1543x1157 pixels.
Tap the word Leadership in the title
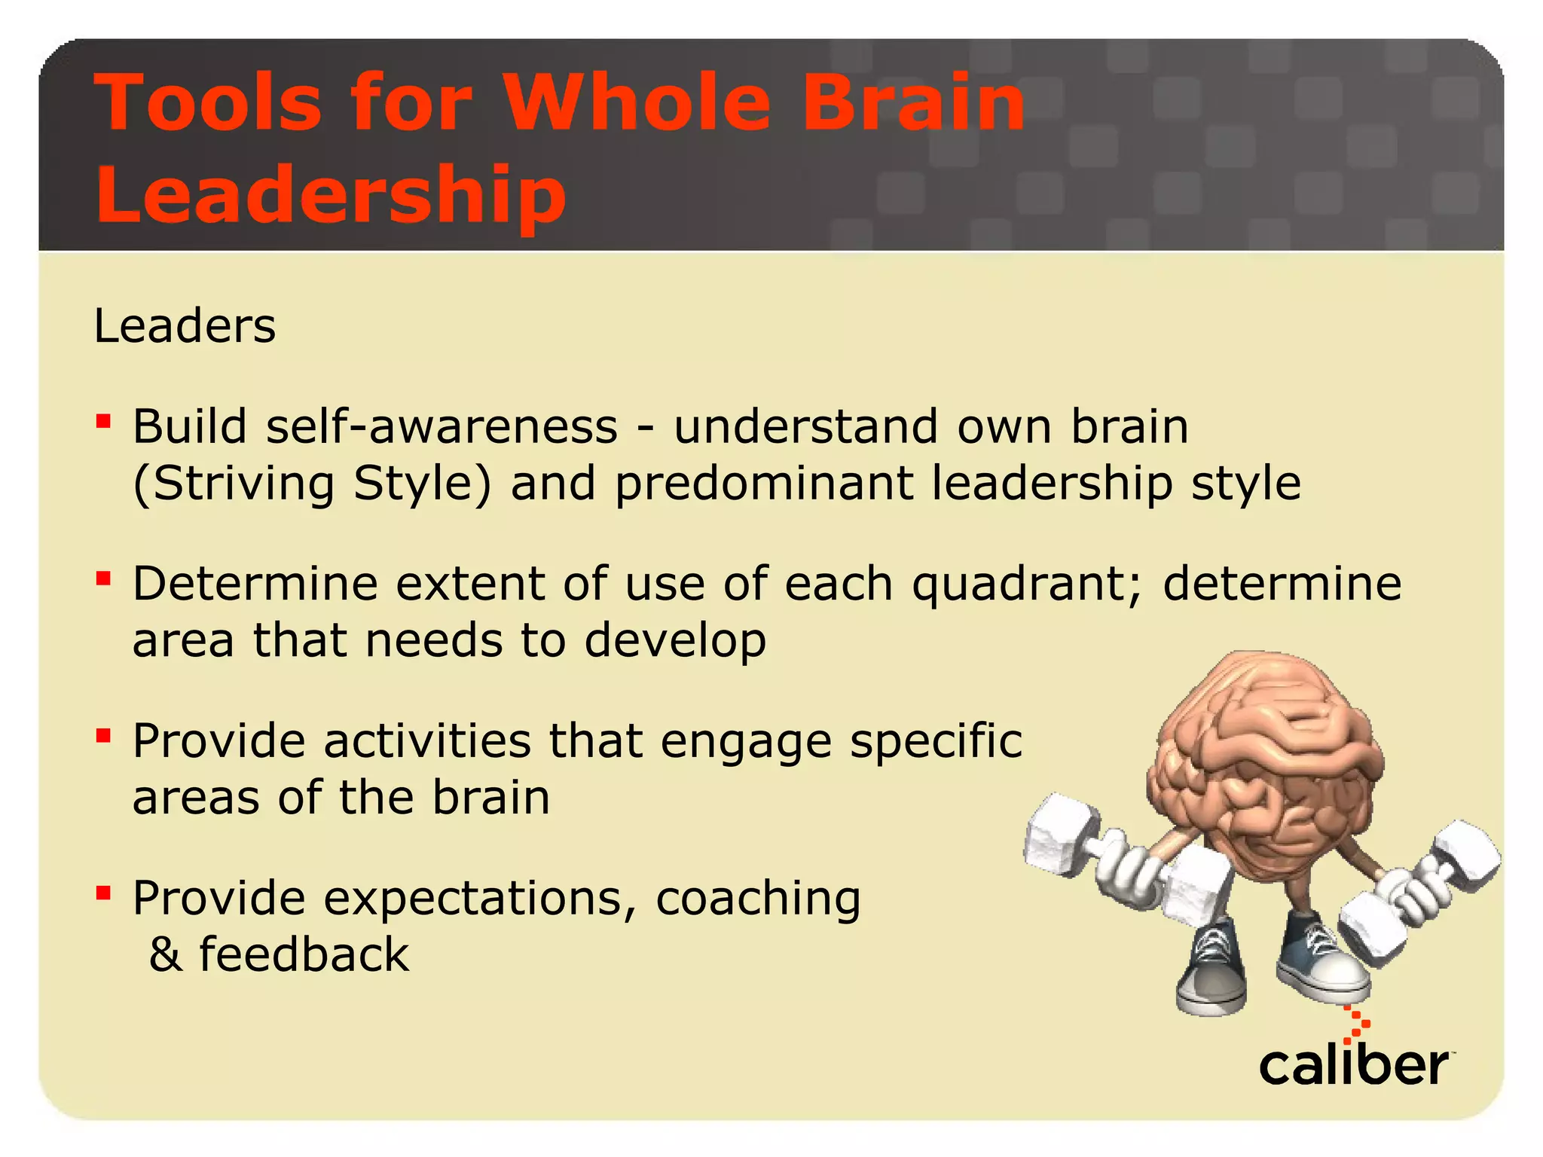pos(331,194)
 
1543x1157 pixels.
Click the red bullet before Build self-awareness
pos(104,420)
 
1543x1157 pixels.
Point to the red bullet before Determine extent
pos(104,578)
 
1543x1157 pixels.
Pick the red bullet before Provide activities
pos(104,735)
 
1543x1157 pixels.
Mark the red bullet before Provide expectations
pos(104,893)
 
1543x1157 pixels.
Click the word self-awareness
pos(442,427)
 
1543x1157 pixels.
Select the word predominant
pos(764,484)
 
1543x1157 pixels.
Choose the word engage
pos(746,742)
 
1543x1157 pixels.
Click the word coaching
pos(758,899)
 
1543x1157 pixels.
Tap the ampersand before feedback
pos(166,955)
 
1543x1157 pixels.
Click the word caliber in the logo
pos(1353,1065)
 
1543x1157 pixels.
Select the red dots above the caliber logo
pos(1358,1024)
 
